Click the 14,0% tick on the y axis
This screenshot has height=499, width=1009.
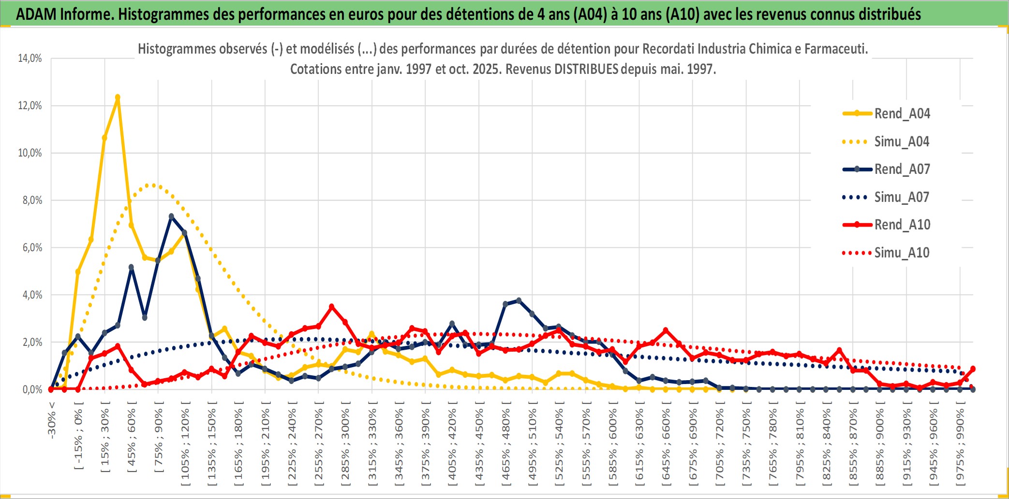30,58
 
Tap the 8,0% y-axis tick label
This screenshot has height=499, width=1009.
32,200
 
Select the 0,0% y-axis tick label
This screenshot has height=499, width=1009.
32,389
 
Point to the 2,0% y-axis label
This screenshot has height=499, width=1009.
32,342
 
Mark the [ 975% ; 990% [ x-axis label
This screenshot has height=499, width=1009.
960,444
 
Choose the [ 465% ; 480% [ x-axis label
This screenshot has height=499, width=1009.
506,444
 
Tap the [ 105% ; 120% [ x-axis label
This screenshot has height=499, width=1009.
185,444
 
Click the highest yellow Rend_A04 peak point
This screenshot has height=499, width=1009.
118,97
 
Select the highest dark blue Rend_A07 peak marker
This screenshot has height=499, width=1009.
171,216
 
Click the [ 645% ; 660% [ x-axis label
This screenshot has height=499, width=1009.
666,444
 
